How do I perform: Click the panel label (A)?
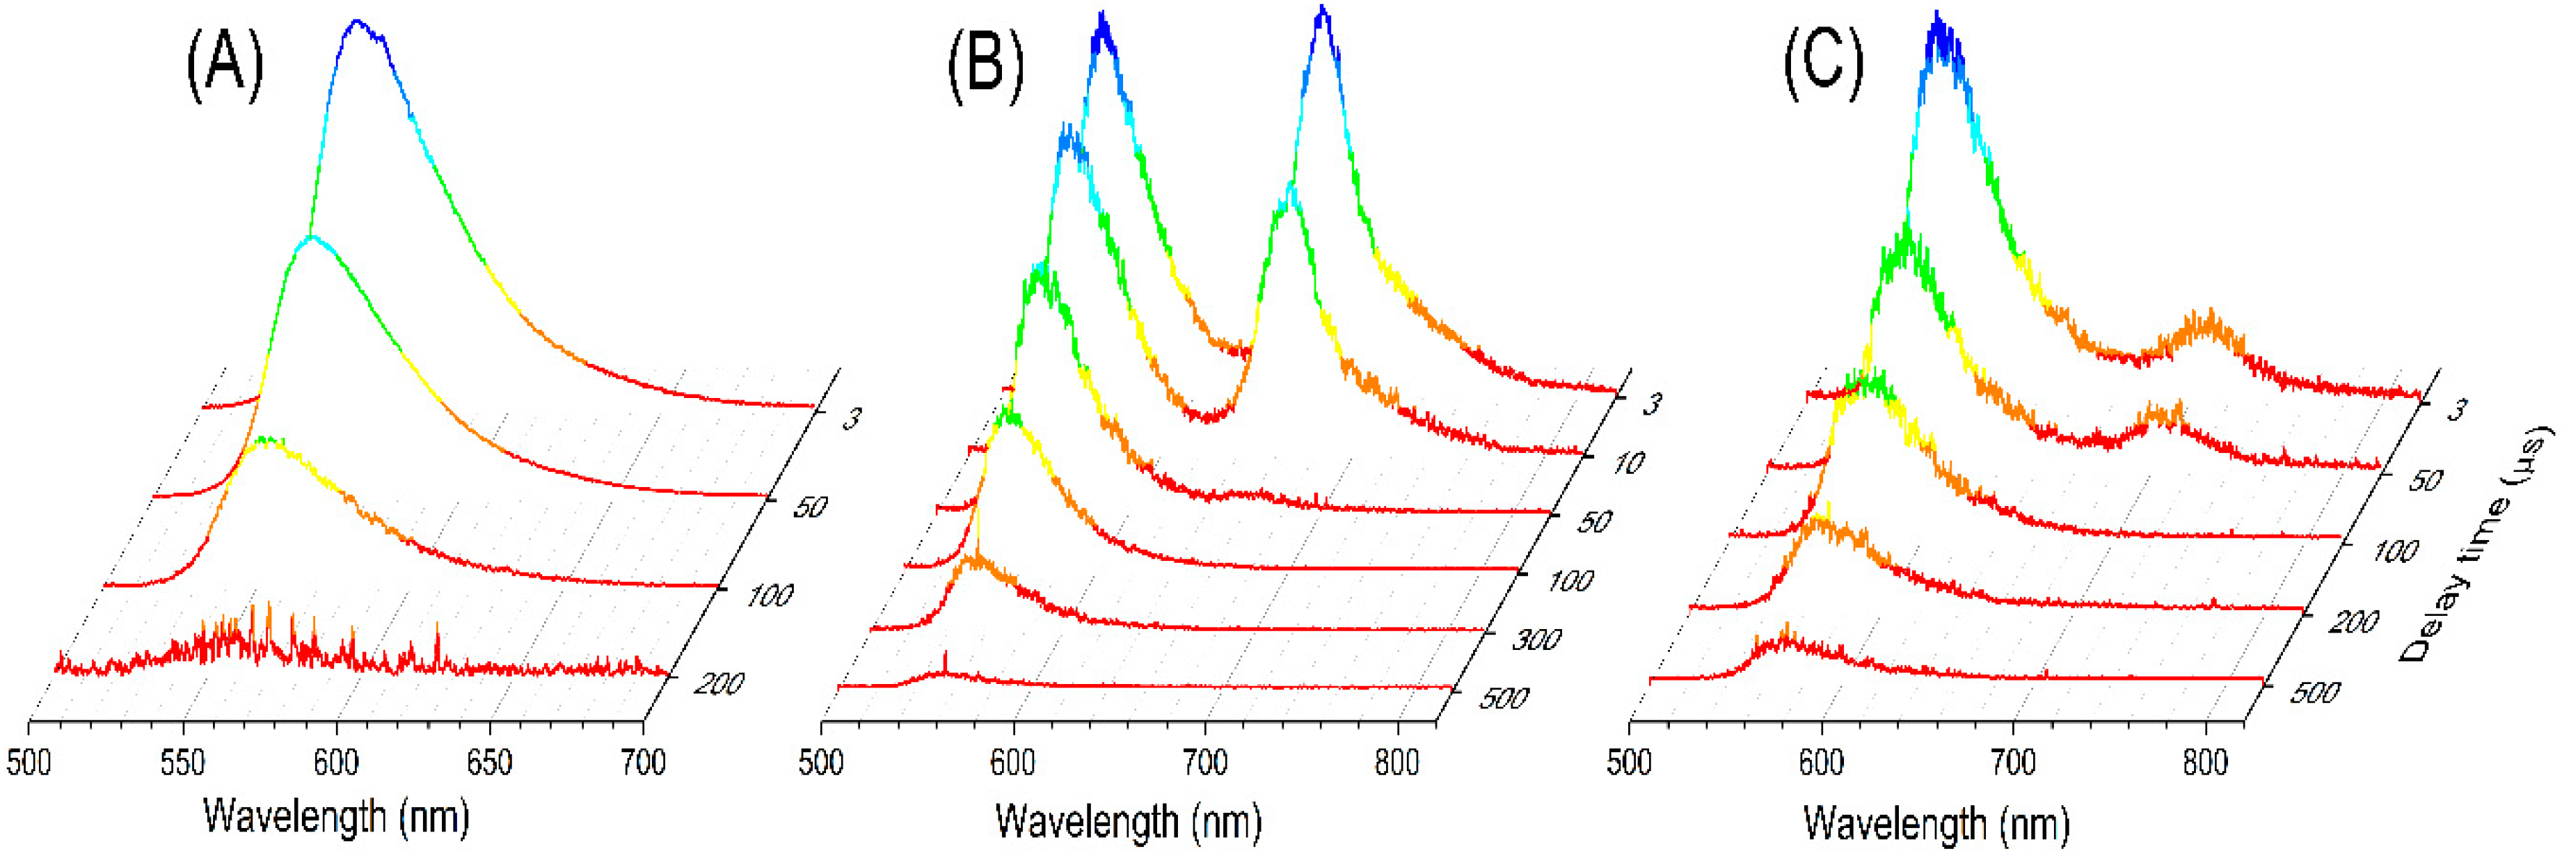tap(225, 65)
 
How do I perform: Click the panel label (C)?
tap(1822, 63)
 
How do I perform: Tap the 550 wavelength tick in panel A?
tap(182, 763)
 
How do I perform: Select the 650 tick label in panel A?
tap(489, 763)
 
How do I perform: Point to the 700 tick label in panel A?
tap(642, 763)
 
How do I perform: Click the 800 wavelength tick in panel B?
tap(1397, 763)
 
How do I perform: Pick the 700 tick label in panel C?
tap(2013, 763)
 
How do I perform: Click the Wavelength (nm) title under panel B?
tap(1128, 821)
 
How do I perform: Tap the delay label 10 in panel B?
tap(1627, 462)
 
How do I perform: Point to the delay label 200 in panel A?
tap(718, 684)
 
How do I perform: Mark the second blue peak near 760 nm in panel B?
tap(1321, 12)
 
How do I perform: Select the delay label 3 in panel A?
tap(852, 418)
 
